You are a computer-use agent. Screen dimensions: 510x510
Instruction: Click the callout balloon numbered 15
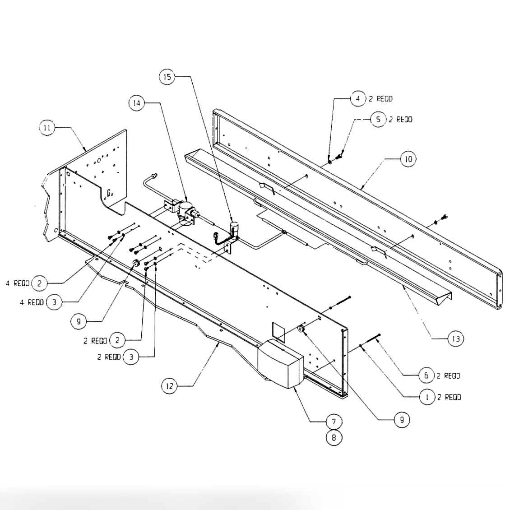click(x=167, y=77)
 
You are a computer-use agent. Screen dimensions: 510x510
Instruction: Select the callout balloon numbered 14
click(x=136, y=103)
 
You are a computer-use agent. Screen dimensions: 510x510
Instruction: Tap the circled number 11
click(x=46, y=128)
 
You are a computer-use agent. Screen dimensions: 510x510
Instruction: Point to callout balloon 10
click(x=408, y=159)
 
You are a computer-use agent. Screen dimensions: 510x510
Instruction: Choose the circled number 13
click(x=455, y=338)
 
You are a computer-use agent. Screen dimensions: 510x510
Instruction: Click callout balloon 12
click(x=169, y=385)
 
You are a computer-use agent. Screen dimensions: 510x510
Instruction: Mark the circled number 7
click(x=334, y=422)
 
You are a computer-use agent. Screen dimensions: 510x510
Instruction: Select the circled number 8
click(x=334, y=437)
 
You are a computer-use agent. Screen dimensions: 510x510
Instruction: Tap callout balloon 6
click(x=426, y=376)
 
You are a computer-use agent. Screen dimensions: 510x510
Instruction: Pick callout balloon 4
click(x=357, y=98)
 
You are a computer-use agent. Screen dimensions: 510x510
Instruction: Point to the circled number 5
click(x=378, y=120)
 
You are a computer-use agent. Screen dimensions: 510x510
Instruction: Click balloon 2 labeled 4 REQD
click(x=40, y=283)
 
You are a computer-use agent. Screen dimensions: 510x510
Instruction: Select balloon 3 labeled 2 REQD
click(x=131, y=357)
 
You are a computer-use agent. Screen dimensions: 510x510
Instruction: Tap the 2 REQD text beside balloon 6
click(x=448, y=376)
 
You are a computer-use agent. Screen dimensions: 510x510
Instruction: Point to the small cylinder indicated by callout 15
click(x=235, y=227)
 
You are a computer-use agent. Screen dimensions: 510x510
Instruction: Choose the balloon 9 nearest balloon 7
click(x=401, y=420)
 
